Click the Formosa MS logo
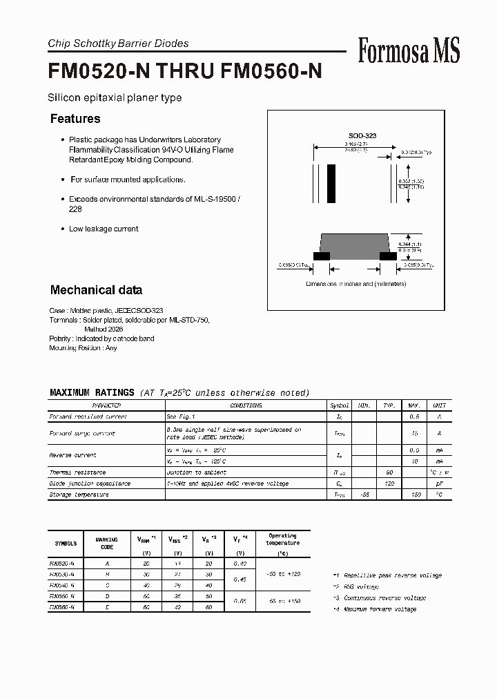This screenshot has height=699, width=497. tap(409, 50)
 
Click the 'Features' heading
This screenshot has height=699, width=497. tap(75, 119)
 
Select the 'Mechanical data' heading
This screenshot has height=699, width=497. tap(96, 290)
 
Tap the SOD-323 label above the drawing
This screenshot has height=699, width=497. tap(362, 137)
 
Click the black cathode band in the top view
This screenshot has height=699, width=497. tap(331, 182)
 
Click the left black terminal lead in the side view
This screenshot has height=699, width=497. tap(321, 256)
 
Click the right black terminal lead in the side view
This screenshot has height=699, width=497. tap(389, 256)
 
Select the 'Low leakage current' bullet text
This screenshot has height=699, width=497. tap(104, 229)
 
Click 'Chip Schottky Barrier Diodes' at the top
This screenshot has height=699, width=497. tap(118, 44)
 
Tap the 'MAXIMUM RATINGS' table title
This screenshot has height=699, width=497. tap(92, 392)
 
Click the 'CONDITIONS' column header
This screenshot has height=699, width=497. tap(246, 405)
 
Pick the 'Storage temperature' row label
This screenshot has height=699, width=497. tap(79, 495)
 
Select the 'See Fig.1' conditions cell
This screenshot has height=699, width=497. tap(180, 416)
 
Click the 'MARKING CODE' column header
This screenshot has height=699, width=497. tap(107, 543)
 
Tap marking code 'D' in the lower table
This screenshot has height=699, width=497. tap(107, 596)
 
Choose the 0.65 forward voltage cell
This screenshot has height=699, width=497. tap(240, 602)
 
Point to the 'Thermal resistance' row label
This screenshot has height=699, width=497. tap(77, 472)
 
